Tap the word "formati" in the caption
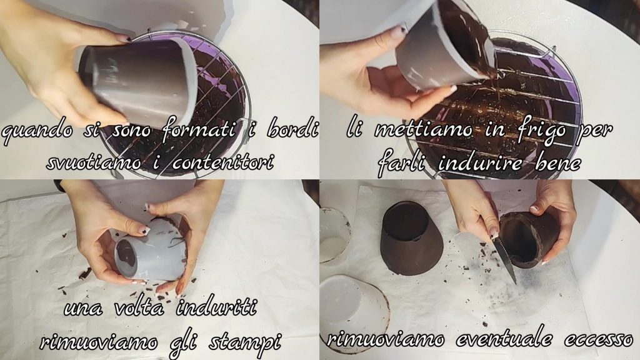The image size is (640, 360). [199, 129]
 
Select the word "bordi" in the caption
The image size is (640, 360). [292, 128]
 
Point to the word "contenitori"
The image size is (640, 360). [222, 162]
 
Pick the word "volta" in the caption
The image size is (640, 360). [140, 307]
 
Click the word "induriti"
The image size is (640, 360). [216, 306]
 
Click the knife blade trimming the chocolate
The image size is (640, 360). [505, 261]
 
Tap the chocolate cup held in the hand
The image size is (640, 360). [529, 238]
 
